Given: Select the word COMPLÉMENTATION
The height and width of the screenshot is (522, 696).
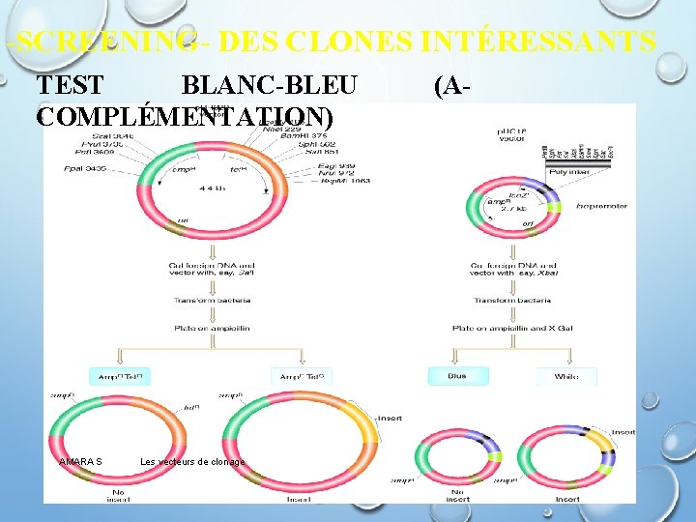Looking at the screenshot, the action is pyautogui.click(x=185, y=117).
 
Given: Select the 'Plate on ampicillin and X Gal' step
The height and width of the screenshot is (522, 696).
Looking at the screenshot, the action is pyautogui.click(x=513, y=328).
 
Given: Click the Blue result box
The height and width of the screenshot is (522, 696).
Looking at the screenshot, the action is pyautogui.click(x=457, y=376).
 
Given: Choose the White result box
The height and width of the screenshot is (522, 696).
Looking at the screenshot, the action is pyautogui.click(x=566, y=376).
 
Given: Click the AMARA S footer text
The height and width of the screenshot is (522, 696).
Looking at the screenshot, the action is pyautogui.click(x=80, y=462).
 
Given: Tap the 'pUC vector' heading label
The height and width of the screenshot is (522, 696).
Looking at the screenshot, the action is pyautogui.click(x=511, y=133).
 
